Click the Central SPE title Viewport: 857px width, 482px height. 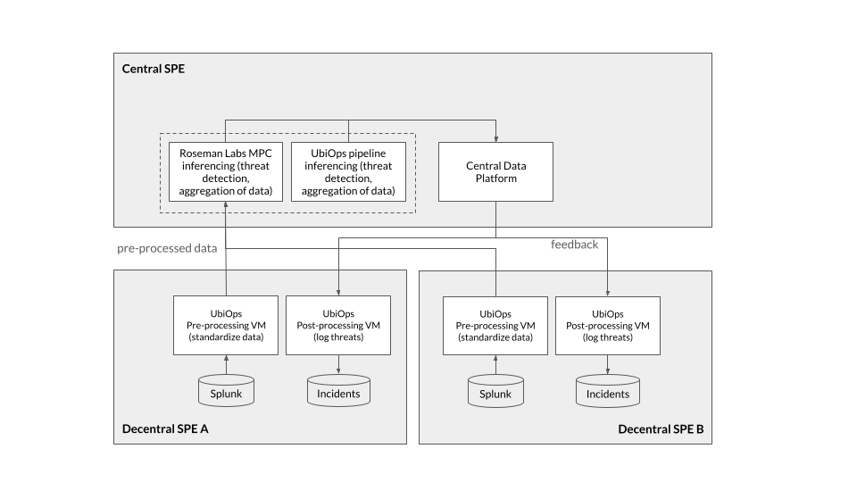(x=153, y=69)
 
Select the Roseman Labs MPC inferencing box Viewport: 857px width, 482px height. (x=226, y=171)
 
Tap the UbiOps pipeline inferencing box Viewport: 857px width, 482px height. (x=348, y=171)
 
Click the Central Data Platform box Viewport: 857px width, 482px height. (x=495, y=171)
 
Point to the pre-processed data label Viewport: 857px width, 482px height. (x=167, y=248)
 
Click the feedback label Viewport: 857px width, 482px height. (x=574, y=245)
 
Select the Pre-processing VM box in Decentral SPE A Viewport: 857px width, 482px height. (x=226, y=325)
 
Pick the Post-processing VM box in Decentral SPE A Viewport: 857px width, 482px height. (x=338, y=325)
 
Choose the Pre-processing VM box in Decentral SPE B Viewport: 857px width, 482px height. (x=495, y=326)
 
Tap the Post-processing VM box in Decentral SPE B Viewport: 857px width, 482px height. (x=608, y=326)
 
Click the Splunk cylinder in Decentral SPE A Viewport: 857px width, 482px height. (x=226, y=390)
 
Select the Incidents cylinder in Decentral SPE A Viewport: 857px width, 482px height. (x=338, y=390)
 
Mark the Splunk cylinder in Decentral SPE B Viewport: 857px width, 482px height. (x=495, y=391)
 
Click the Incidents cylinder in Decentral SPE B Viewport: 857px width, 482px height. (x=608, y=391)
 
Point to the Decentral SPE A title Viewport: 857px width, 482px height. (x=165, y=429)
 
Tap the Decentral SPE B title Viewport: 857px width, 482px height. (x=661, y=429)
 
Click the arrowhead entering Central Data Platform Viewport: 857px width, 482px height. (x=495, y=139)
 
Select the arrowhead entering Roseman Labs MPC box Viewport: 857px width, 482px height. (x=226, y=204)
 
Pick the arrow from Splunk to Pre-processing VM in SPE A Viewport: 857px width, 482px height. (x=226, y=364)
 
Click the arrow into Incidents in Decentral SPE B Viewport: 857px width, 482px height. (x=608, y=364)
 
